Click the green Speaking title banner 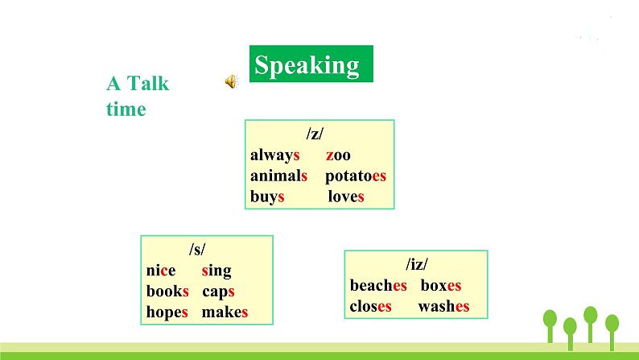click(310, 64)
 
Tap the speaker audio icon click(231, 81)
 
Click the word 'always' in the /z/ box click(274, 155)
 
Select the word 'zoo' click(338, 155)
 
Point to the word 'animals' click(278, 176)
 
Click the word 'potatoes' click(355, 176)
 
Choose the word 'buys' click(267, 197)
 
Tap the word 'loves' click(346, 197)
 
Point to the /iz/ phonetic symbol click(416, 264)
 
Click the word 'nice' click(161, 271)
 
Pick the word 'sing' click(216, 271)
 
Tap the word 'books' click(167, 292)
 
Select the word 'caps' click(218, 292)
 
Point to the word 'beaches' click(378, 285)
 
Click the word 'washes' click(443, 306)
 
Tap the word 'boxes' click(441, 285)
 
